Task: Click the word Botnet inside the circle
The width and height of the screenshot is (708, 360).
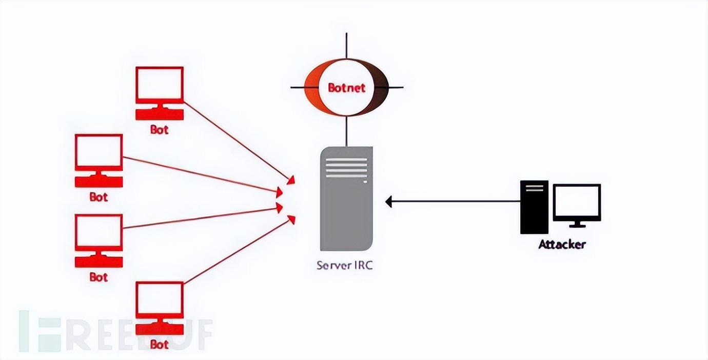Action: click(x=346, y=88)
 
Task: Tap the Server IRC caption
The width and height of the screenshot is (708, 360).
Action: click(x=343, y=266)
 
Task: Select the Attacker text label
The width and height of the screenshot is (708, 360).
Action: click(x=562, y=245)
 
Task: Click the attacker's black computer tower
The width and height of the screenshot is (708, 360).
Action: click(x=534, y=207)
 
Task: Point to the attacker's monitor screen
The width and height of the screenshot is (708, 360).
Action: click(x=577, y=202)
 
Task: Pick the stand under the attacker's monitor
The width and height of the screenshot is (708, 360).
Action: click(x=577, y=224)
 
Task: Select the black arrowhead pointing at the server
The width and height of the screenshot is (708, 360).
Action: click(x=389, y=202)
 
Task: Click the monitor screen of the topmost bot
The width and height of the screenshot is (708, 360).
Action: click(x=160, y=85)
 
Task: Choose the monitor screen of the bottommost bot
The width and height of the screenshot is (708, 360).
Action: click(x=160, y=300)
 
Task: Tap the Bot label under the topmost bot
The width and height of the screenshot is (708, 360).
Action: click(x=159, y=130)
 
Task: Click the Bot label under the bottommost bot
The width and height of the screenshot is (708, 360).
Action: click(x=159, y=345)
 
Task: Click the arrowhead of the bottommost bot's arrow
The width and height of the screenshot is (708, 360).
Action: click(x=292, y=219)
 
